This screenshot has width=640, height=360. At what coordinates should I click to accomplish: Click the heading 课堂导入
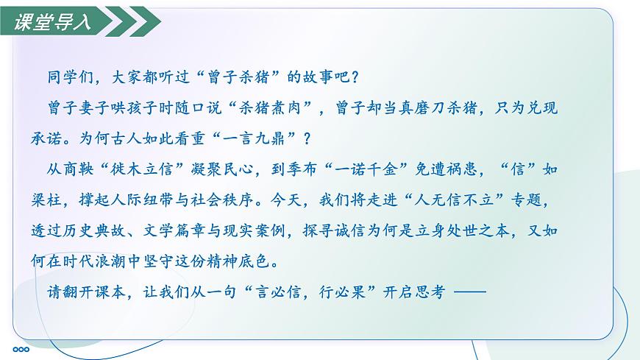[x=53, y=22]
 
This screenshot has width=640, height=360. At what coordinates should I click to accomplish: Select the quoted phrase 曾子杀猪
[x=241, y=77]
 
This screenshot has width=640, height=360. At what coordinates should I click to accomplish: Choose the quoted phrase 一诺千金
[x=379, y=169]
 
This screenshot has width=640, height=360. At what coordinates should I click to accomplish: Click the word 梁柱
[x=60, y=200]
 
